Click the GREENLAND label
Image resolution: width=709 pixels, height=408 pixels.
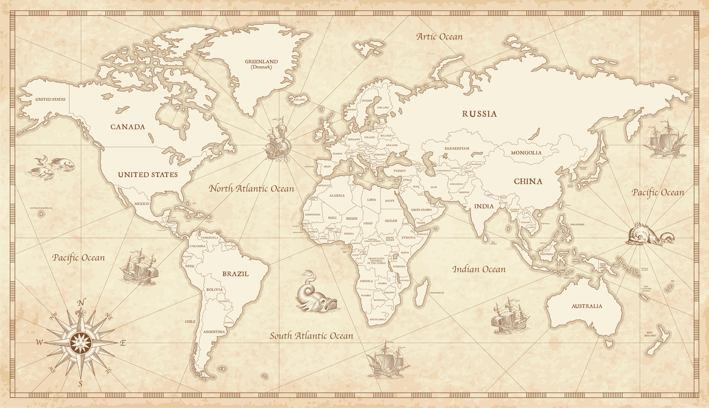point(261,62)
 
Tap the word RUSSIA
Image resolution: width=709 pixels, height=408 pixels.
point(479,114)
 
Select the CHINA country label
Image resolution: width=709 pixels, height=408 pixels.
point(528,181)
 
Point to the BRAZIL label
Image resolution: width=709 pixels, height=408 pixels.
point(235,274)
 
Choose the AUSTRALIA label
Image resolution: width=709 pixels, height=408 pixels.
point(587,306)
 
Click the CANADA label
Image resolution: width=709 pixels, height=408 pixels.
point(128,127)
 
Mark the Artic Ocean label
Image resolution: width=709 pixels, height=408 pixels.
point(439,37)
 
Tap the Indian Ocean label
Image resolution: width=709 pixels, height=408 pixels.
point(479,269)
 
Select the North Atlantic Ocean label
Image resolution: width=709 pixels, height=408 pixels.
point(251,189)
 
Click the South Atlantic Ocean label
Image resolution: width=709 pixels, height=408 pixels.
point(311,336)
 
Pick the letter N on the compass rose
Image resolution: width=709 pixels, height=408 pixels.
point(81,303)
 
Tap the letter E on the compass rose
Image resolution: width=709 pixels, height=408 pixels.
point(122,343)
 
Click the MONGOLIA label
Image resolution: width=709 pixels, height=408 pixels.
point(526,153)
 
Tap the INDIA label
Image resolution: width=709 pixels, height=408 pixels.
point(484,206)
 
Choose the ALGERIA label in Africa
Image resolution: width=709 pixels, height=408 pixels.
point(337,195)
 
